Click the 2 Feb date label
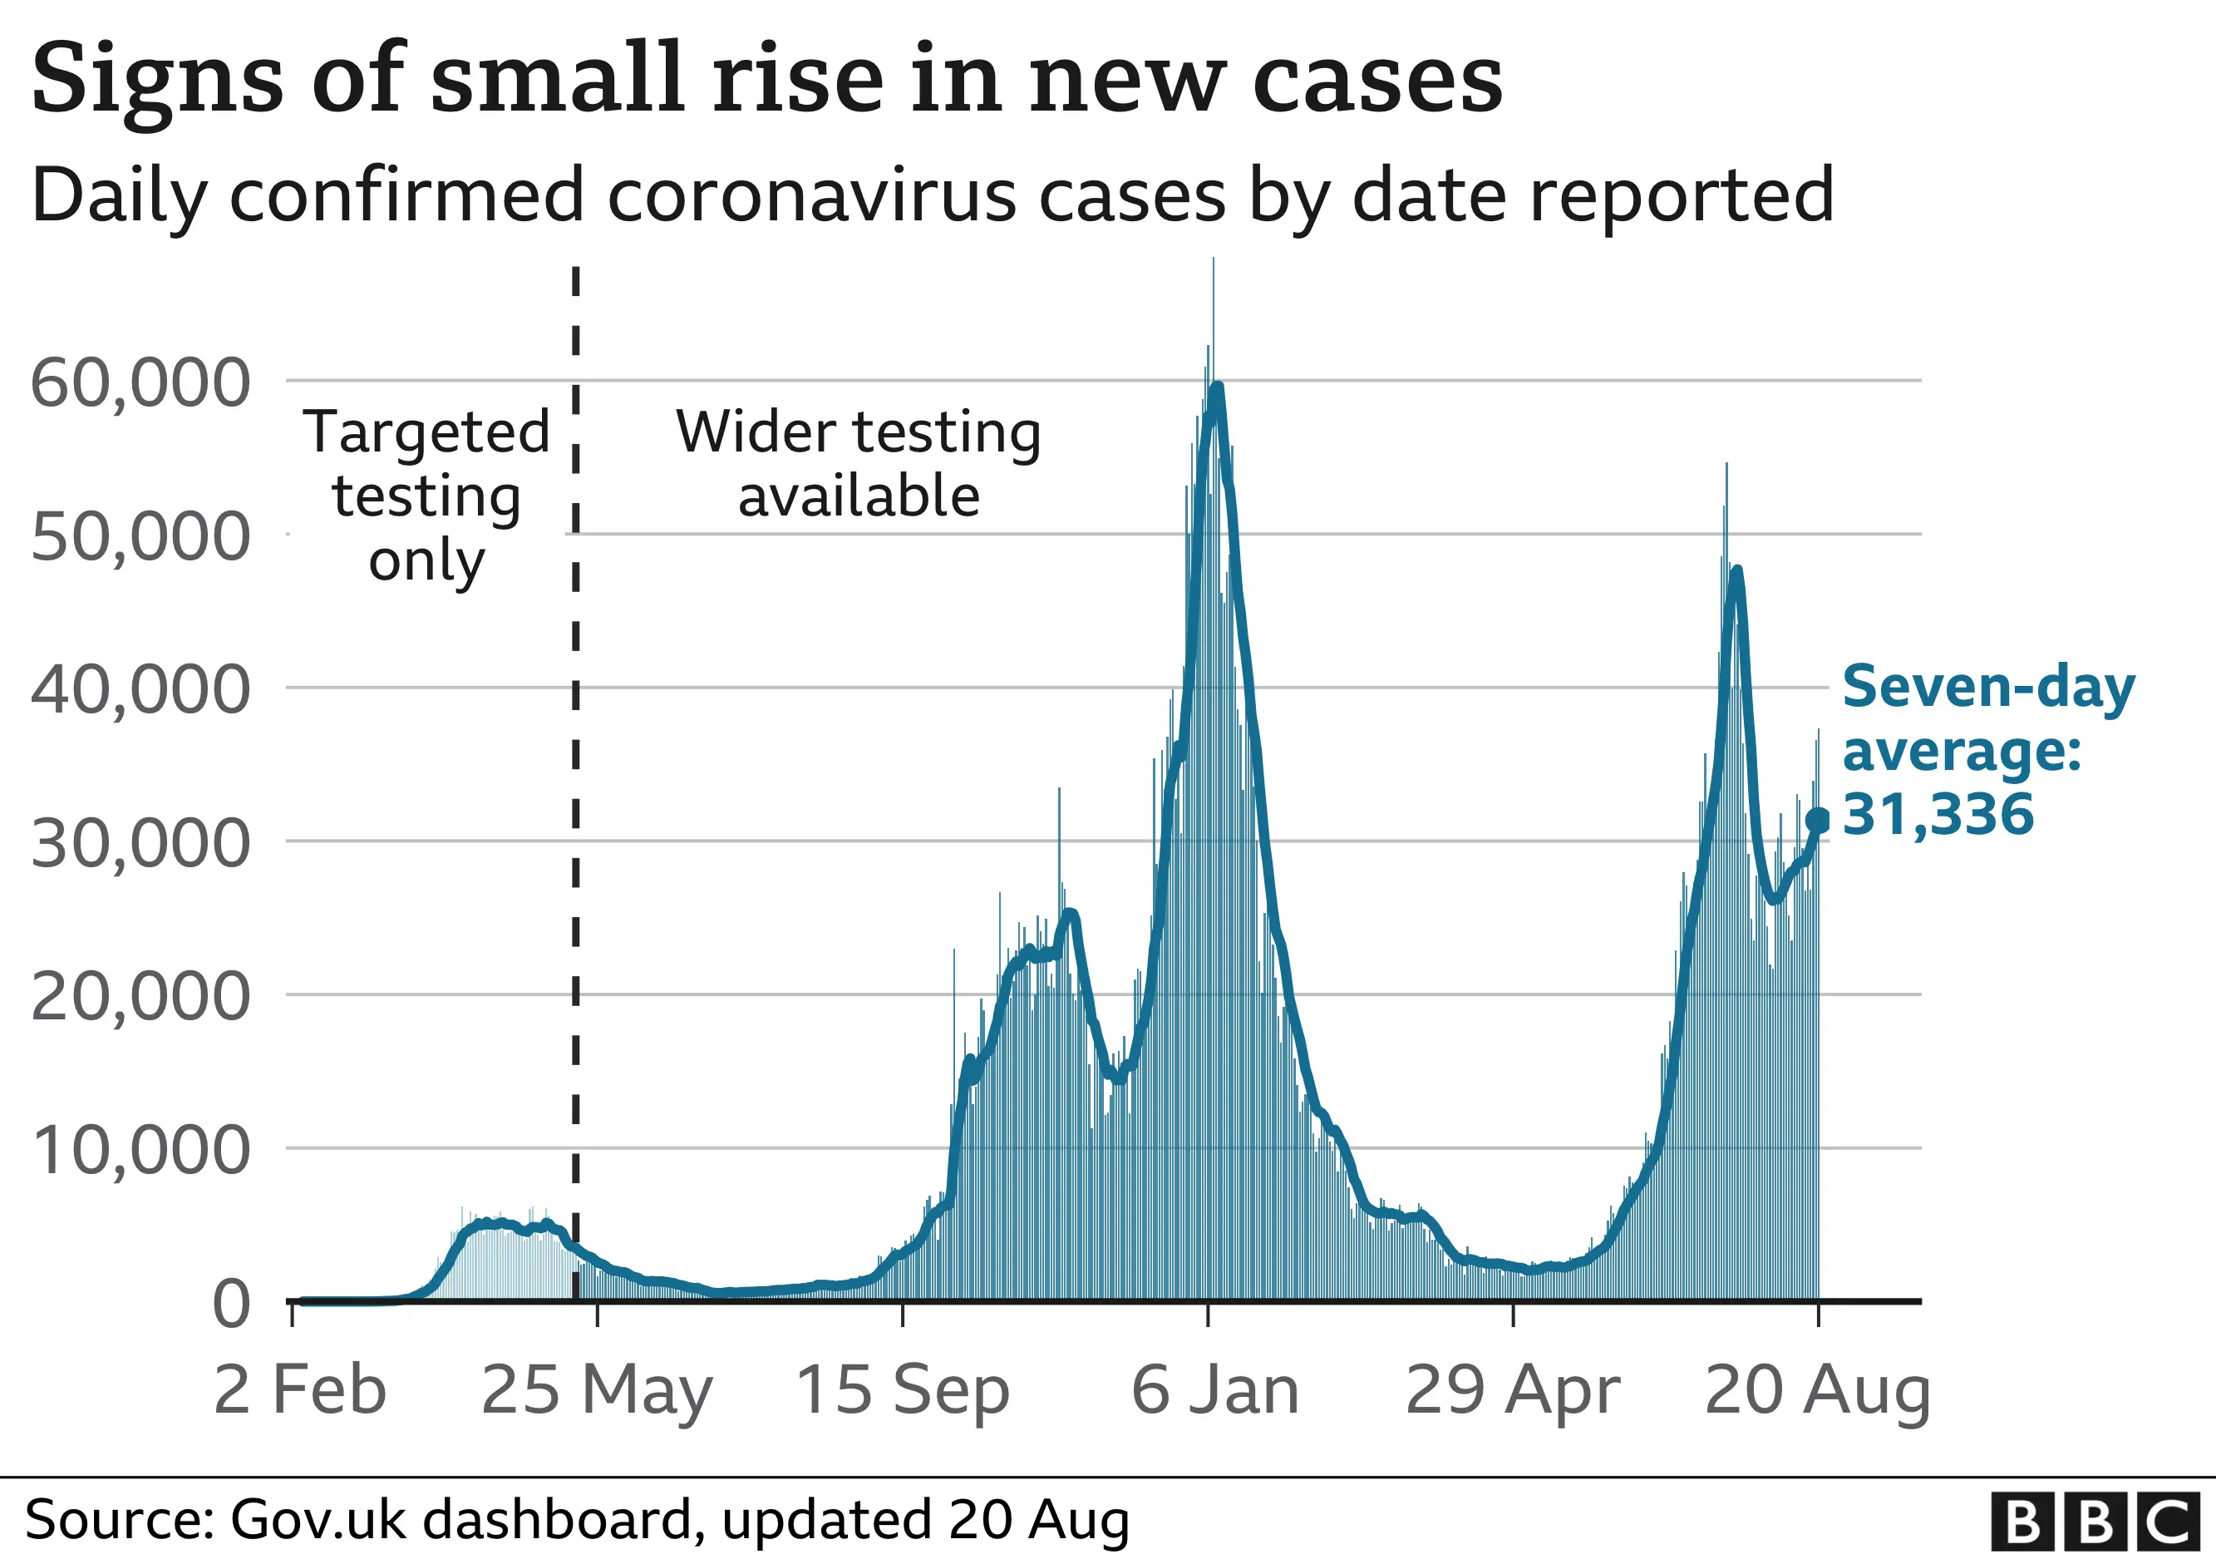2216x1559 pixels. tap(299, 1390)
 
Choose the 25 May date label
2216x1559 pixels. tap(597, 1390)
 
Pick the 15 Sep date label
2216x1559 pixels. tap(903, 1390)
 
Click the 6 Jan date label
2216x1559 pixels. tap(1215, 1390)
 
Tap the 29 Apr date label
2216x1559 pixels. tap(1513, 1390)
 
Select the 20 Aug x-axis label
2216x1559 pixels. tap(1817, 1390)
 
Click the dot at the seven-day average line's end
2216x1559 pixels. tap(1817, 821)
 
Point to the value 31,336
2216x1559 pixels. tap(1938, 814)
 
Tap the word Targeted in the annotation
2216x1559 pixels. tap(426, 432)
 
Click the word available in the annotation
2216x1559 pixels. tap(859, 496)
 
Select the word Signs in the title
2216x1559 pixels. tap(157, 79)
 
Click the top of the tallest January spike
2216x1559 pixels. tap(1214, 259)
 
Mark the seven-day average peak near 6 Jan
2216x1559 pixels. tap(1217, 387)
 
